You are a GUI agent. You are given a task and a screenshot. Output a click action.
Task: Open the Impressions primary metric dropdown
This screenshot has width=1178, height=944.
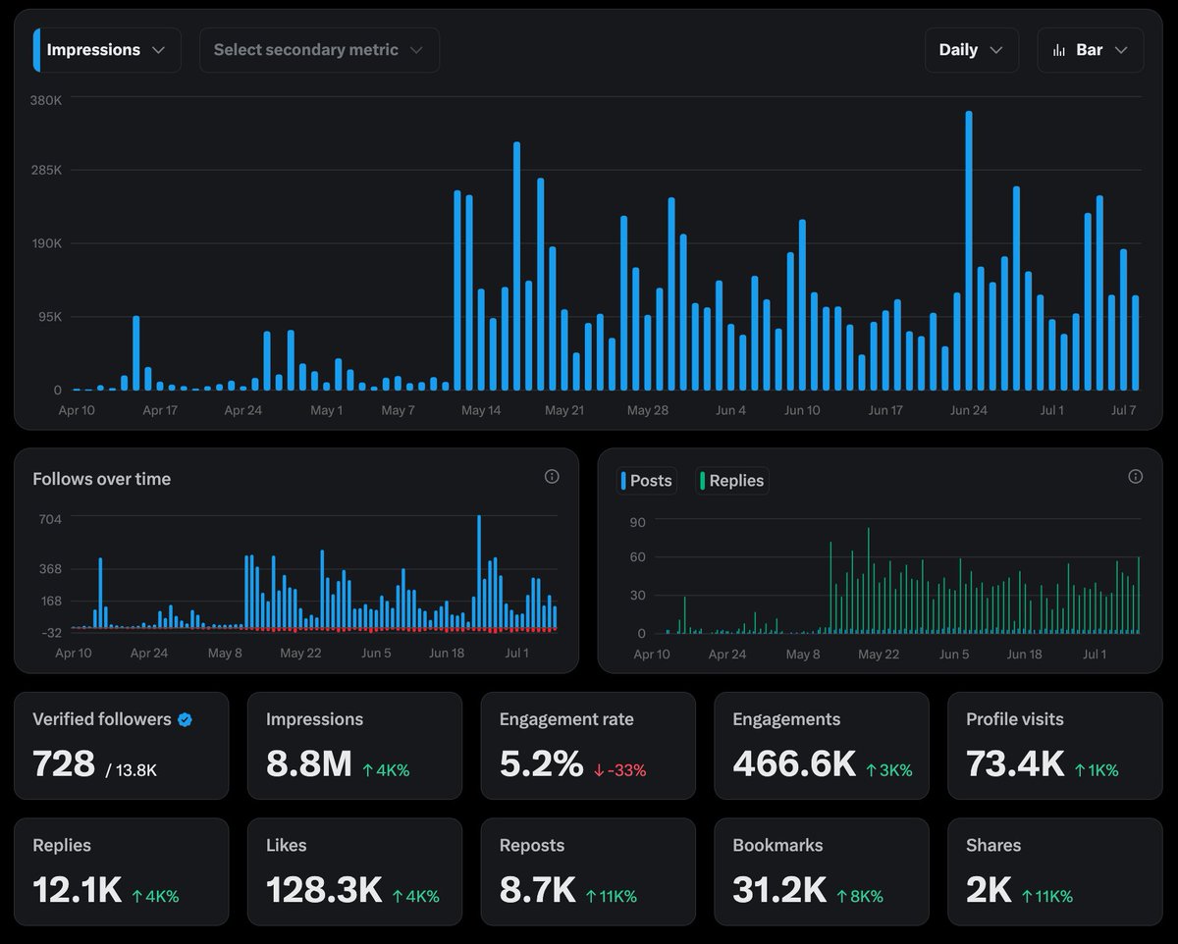pos(106,50)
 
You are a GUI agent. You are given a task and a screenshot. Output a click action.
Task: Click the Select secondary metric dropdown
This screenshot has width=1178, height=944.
pos(318,50)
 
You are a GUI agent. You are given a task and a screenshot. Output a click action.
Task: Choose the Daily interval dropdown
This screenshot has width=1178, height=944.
pos(970,50)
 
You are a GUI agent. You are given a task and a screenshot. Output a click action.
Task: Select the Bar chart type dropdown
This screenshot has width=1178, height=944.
pos(1090,50)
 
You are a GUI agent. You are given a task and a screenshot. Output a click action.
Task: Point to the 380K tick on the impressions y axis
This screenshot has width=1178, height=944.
pos(45,100)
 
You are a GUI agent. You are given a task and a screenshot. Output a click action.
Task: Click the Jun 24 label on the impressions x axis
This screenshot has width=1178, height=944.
pos(968,410)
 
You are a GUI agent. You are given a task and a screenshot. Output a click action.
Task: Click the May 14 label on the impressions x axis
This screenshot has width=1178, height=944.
pos(481,410)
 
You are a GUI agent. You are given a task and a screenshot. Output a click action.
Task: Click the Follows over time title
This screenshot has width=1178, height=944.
pos(101,479)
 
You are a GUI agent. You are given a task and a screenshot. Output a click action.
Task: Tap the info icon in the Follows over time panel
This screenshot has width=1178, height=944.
pos(552,477)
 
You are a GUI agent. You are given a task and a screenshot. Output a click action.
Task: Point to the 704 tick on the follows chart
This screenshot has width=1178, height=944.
pos(50,519)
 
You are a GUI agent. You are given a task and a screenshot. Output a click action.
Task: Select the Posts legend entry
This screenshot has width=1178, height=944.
pos(647,481)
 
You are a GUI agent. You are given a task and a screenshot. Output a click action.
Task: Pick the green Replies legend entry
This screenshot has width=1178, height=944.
pos(731,481)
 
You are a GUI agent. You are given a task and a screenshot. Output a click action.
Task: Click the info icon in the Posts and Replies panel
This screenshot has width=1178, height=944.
pos(1135,477)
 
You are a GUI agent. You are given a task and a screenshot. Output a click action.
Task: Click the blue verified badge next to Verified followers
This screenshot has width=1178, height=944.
pos(185,719)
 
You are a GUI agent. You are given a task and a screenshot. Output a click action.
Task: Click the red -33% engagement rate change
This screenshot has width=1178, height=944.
pos(620,770)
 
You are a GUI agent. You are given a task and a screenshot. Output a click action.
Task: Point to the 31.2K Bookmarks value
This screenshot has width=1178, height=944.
pos(778,890)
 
